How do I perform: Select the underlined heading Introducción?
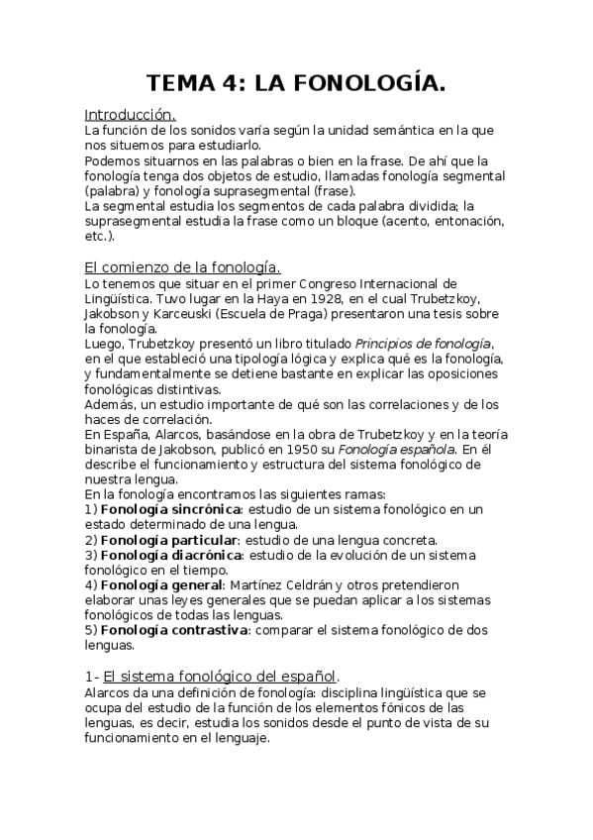[x=130, y=115]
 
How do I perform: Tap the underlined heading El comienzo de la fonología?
[x=182, y=267]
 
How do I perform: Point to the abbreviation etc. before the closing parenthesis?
[x=95, y=237]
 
